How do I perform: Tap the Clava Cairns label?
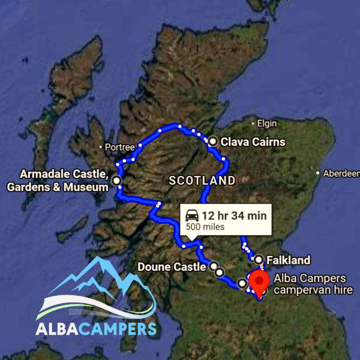click(253, 142)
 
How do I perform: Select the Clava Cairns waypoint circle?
click(213, 141)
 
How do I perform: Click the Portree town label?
click(120, 147)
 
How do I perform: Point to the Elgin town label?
click(267, 124)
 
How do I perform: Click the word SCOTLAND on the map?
click(202, 180)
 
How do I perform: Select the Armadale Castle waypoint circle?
click(117, 180)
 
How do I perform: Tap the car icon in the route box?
click(192, 216)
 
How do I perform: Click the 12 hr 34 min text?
click(234, 216)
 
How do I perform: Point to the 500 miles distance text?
click(205, 227)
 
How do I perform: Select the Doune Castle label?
click(172, 267)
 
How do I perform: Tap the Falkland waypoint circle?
click(258, 259)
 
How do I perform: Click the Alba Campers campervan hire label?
click(313, 284)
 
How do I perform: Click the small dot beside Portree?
click(101, 147)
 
